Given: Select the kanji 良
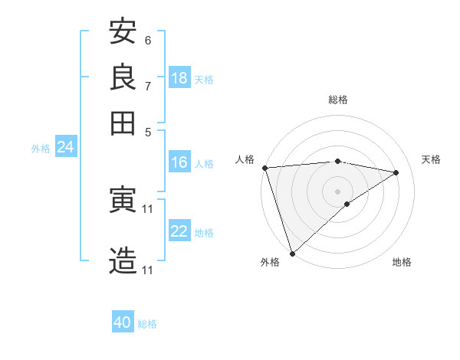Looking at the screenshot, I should (x=123, y=77).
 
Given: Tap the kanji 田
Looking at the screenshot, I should (x=123, y=123).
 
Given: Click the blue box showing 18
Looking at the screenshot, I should (x=179, y=78).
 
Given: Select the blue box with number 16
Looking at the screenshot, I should (x=179, y=162).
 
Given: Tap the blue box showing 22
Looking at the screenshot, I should (x=179, y=231).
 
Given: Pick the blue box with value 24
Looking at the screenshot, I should (x=65, y=147).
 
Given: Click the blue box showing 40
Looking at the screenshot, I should (x=123, y=322).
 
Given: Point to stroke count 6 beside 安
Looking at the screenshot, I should (x=148, y=40).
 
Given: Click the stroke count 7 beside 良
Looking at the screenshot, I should (x=148, y=86).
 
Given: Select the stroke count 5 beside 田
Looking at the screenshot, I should (x=148, y=132).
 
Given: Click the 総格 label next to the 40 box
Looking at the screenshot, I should (x=147, y=324).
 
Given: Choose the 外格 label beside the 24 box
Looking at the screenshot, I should (x=41, y=149).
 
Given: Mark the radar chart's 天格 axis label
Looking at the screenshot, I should (x=431, y=159).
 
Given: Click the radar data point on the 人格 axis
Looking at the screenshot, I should (x=264, y=168).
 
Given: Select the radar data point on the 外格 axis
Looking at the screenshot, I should (x=292, y=253).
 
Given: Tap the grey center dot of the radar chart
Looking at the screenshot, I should (x=337, y=191).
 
